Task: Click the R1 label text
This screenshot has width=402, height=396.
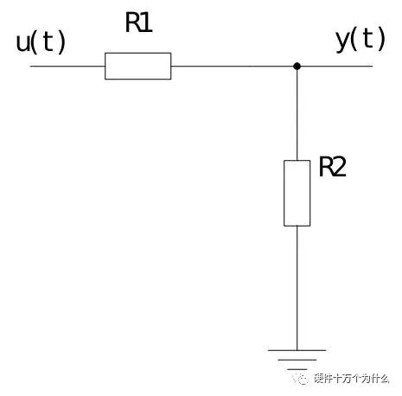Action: pyautogui.click(x=138, y=22)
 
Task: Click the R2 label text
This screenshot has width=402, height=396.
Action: pyautogui.click(x=332, y=167)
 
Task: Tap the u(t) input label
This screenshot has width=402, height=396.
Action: pyautogui.click(x=41, y=42)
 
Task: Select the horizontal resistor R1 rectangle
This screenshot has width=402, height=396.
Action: pyautogui.click(x=138, y=66)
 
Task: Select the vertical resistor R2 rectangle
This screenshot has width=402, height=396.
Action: pyautogui.click(x=297, y=193)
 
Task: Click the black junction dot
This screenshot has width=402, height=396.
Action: pyautogui.click(x=297, y=67)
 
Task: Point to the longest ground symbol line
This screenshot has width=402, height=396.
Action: pyautogui.click(x=297, y=350)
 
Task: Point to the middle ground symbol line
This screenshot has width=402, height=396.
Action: pyautogui.click(x=297, y=360)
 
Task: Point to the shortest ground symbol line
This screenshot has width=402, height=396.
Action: pyautogui.click(x=297, y=369)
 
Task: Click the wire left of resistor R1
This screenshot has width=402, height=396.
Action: pyautogui.click(x=67, y=67)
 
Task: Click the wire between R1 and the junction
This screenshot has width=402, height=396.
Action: pyautogui.click(x=233, y=67)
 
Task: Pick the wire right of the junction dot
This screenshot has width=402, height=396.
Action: pyautogui.click(x=337, y=67)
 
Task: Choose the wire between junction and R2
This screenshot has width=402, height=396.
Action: pyautogui.click(x=297, y=115)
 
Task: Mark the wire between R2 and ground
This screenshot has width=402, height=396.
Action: pyautogui.click(x=297, y=288)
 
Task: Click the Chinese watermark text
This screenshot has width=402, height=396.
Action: pyautogui.click(x=352, y=379)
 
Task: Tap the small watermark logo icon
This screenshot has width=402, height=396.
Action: pyautogui.click(x=302, y=379)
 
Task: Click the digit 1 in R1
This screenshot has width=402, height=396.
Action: pyautogui.click(x=148, y=23)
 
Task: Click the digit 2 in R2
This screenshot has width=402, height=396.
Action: pyautogui.click(x=339, y=167)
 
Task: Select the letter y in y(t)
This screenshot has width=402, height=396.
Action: pyautogui.click(x=343, y=41)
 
